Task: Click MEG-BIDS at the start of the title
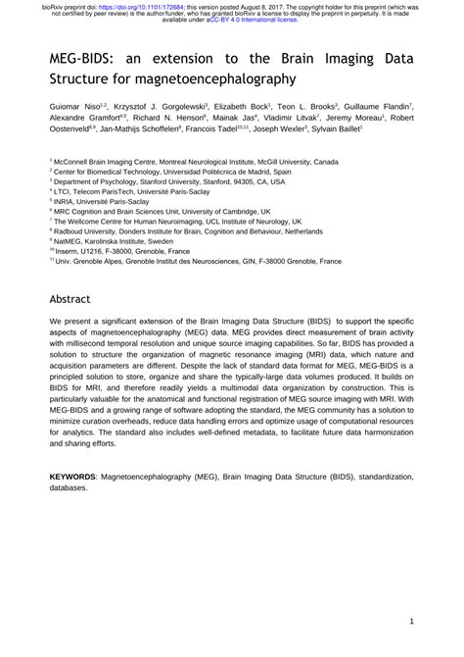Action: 80,57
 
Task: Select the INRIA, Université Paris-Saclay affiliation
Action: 103,202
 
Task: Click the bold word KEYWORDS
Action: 73,475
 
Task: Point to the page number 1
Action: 414,623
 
